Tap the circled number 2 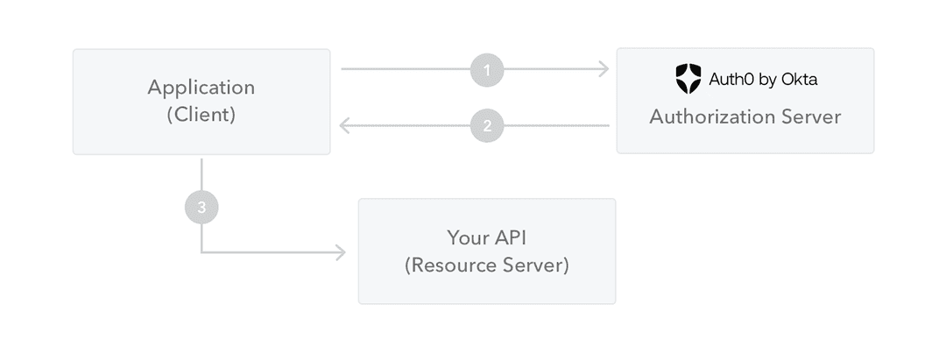(487, 126)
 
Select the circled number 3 (201, 208)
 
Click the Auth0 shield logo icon (688, 79)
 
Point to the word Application (201, 88)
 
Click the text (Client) (201, 115)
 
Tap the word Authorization (710, 116)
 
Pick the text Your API (486, 237)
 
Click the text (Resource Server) (486, 265)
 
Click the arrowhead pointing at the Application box (345, 126)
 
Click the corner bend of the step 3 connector (202, 253)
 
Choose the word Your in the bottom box (465, 237)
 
